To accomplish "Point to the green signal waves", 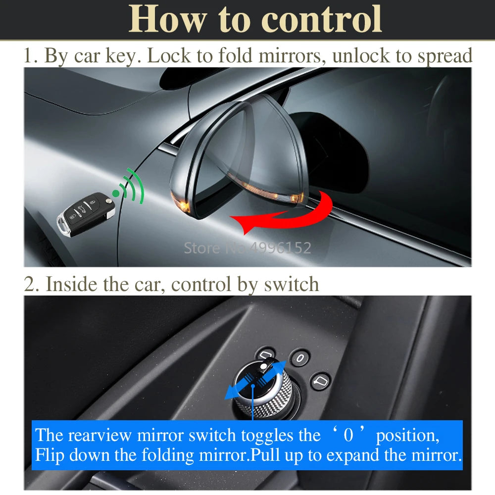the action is click(130, 186).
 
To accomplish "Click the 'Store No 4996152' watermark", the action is click(247, 248).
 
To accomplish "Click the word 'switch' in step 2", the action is click(291, 284).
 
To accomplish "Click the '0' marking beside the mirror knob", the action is click(300, 358).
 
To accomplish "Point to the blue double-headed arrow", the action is click(255, 380).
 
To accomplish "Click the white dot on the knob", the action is click(263, 366).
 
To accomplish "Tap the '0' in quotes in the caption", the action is click(348, 435).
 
